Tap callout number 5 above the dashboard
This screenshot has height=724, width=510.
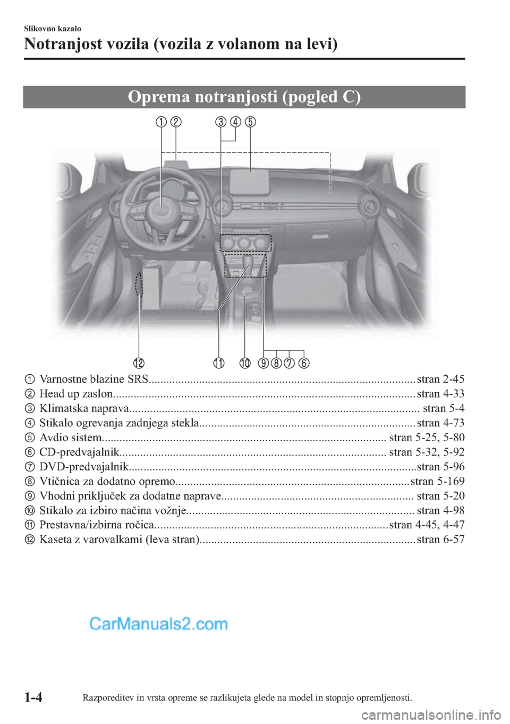click(250, 122)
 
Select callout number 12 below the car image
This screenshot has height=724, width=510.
click(139, 363)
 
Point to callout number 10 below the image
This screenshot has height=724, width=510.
click(244, 363)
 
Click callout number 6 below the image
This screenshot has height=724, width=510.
click(304, 363)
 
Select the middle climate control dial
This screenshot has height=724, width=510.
click(245, 243)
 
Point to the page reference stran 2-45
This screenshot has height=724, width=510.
click(440, 379)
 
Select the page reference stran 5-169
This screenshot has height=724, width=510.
click(438, 481)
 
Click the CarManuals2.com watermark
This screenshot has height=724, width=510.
click(158, 624)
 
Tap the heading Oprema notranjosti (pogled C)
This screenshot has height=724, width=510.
click(244, 97)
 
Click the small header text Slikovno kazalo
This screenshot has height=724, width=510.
click(53, 29)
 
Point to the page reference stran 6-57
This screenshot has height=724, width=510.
click(440, 540)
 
